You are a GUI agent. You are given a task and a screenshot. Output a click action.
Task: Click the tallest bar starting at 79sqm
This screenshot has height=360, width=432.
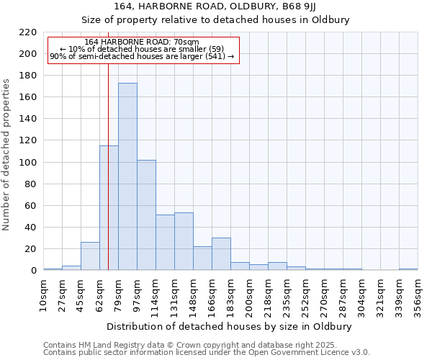click(127, 176)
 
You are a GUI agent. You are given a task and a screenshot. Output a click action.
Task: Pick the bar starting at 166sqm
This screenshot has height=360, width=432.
click(221, 253)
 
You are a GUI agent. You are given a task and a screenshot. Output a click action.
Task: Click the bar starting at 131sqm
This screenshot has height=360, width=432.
click(184, 241)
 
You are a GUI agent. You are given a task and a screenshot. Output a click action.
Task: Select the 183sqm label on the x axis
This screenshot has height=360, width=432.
click(230, 296)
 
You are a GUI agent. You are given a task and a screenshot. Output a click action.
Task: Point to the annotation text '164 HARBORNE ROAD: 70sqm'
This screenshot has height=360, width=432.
click(142, 42)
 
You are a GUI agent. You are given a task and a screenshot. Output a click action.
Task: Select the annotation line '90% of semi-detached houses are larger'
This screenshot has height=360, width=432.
click(142, 56)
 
